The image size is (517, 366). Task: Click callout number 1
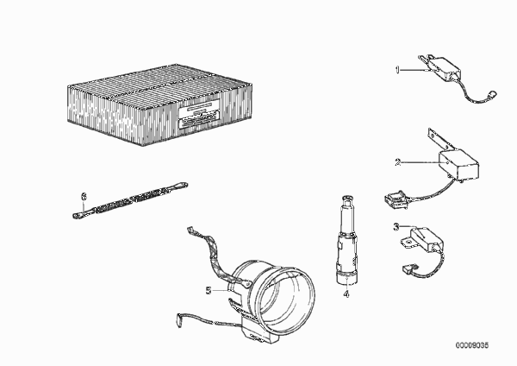tap(397, 70)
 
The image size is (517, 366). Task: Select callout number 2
tap(397, 162)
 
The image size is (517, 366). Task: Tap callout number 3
tap(396, 227)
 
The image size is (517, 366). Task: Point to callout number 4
tap(346, 293)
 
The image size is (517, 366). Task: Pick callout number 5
tap(209, 290)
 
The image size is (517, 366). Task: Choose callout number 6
tap(84, 197)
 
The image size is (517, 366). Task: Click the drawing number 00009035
tap(472, 345)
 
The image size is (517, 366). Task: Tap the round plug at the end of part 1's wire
tap(494, 94)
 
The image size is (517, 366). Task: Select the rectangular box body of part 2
tap(458, 164)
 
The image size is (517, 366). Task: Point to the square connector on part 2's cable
tap(396, 200)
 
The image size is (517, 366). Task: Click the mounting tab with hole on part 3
tap(408, 242)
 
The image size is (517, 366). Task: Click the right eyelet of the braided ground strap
tap(181, 186)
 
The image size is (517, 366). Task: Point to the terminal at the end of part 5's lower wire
tap(180, 319)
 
